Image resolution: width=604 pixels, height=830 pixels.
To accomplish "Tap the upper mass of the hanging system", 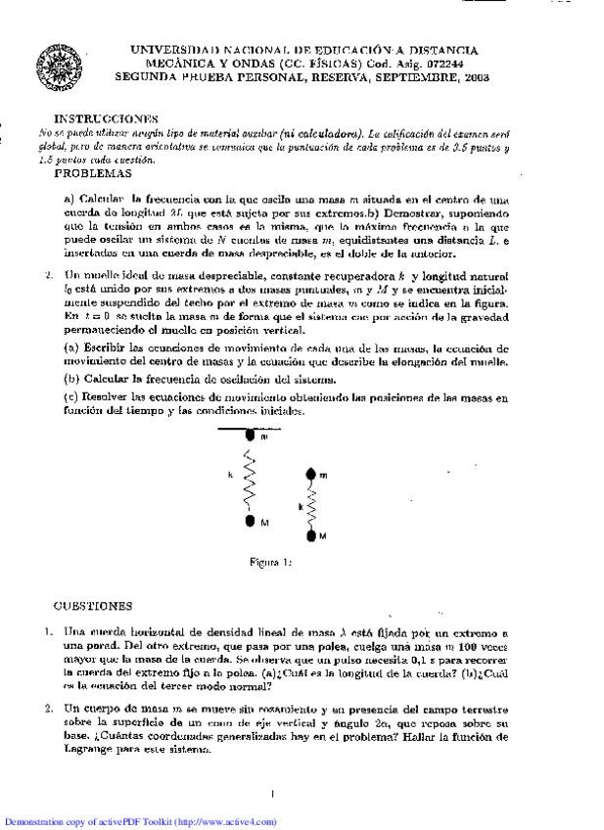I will point(250,437).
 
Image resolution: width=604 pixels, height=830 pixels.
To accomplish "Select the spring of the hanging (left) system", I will point(250,482).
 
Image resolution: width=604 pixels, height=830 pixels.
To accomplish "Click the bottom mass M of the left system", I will point(251,522).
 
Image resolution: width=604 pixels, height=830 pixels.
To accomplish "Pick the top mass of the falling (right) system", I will point(310,475).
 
